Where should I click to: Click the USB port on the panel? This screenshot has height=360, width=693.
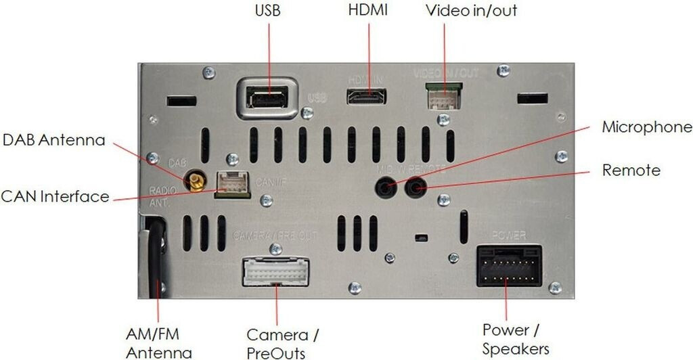269,99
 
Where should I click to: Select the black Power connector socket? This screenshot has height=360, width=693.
509,265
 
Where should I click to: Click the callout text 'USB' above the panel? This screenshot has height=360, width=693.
267,12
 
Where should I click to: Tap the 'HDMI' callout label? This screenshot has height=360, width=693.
368,12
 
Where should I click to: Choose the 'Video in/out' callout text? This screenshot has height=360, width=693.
471,12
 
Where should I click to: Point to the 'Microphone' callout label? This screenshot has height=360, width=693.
647,127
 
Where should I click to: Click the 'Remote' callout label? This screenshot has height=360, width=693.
631,170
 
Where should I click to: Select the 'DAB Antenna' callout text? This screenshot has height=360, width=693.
54,141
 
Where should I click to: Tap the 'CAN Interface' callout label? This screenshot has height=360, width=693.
55,197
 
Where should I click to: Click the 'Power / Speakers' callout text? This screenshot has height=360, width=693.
515,339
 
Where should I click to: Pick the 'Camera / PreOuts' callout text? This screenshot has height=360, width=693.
283,343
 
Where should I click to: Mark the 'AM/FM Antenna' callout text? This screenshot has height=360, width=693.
159,343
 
